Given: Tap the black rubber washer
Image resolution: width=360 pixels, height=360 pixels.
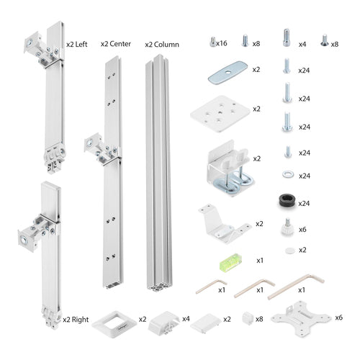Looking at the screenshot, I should (287, 202).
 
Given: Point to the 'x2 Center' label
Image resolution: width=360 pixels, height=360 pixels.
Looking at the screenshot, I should (115, 43).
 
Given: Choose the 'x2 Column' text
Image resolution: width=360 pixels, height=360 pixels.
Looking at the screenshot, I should (162, 43).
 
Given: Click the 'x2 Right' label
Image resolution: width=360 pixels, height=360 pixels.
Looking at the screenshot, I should (76, 318).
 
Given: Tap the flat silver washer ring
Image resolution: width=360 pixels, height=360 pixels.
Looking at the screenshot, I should (287, 175).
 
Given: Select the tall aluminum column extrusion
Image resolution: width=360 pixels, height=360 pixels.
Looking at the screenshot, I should (162, 173).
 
